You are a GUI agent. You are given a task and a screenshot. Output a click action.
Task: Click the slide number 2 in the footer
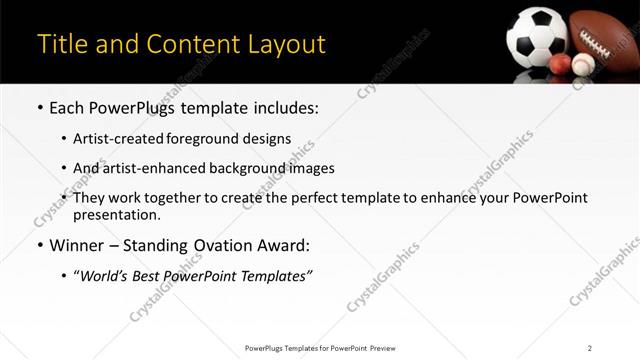click(589, 347)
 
